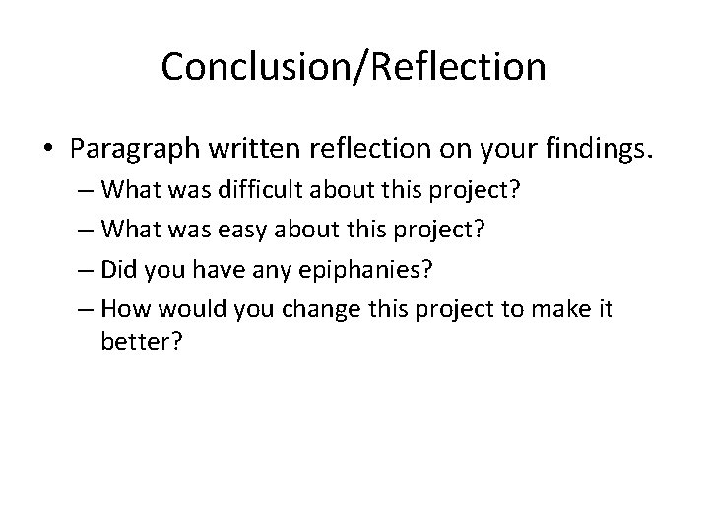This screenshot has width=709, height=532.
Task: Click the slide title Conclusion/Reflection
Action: point(354,67)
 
